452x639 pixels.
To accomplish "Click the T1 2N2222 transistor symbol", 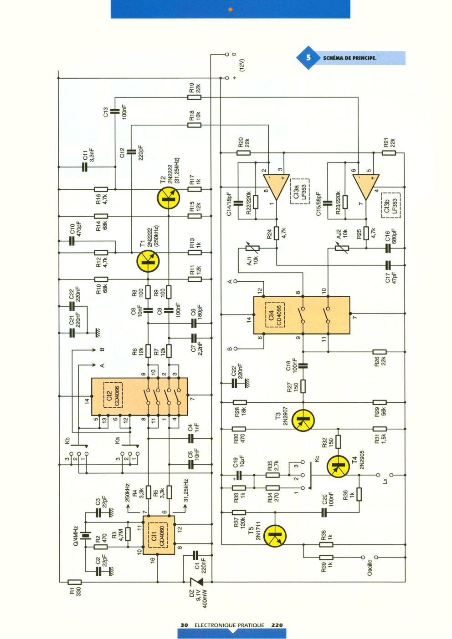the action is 148,261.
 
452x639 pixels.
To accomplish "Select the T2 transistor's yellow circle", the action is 169,198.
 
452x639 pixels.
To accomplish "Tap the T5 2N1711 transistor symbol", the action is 274,536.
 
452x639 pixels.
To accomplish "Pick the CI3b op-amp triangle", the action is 366,187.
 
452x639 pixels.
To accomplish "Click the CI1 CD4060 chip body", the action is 159,535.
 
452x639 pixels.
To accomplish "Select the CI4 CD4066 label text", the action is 275,314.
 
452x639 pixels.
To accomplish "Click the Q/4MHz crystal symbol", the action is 85,535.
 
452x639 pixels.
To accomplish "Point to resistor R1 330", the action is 75,582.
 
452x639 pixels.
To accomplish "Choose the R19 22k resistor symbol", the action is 194,97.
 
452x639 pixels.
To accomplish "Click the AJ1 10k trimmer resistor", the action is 252,248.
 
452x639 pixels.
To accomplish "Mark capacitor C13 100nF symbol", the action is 115,111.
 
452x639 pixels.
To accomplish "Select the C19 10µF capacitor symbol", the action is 239,475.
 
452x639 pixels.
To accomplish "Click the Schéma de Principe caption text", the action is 349,58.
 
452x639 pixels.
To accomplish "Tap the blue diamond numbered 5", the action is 308,58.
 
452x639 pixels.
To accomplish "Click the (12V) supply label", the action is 242,65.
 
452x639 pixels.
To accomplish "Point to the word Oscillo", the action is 370,568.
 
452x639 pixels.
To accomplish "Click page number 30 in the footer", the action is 184,625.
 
